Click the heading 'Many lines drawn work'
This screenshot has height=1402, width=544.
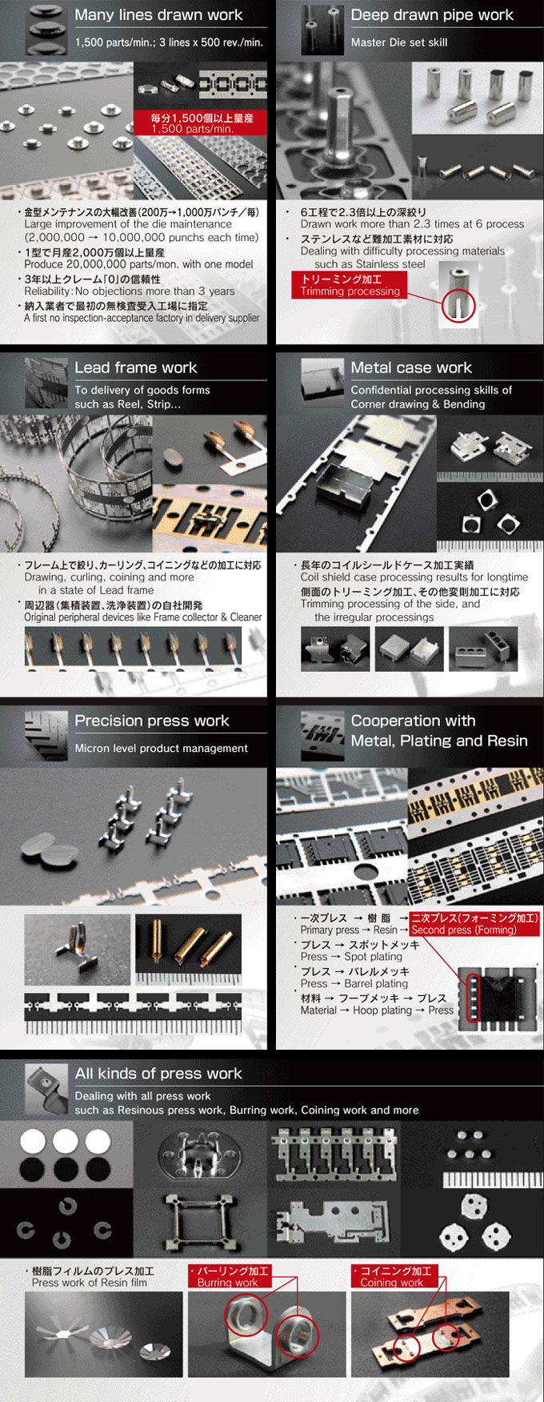158,15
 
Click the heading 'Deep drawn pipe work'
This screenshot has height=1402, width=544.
432,15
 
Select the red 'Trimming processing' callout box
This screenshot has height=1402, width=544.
350,285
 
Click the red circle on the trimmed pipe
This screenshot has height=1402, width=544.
458,305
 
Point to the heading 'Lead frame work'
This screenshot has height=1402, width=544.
135,368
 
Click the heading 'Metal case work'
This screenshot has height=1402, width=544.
411,368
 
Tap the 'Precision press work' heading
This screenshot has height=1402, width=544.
151,721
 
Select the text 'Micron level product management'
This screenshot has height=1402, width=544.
161,748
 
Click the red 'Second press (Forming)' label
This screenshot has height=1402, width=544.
475,924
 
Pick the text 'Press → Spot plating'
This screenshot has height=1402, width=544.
351,956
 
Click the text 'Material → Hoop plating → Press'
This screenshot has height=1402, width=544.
376,1010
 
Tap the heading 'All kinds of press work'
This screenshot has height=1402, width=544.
158,1074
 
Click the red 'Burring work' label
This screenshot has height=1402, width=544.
229,1276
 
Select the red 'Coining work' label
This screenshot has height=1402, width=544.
394,1276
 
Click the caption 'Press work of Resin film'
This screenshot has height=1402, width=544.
89,1283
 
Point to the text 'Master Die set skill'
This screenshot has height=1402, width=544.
399,42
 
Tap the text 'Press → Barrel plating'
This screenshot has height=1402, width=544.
354,983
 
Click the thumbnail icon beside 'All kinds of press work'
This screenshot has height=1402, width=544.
46,1088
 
